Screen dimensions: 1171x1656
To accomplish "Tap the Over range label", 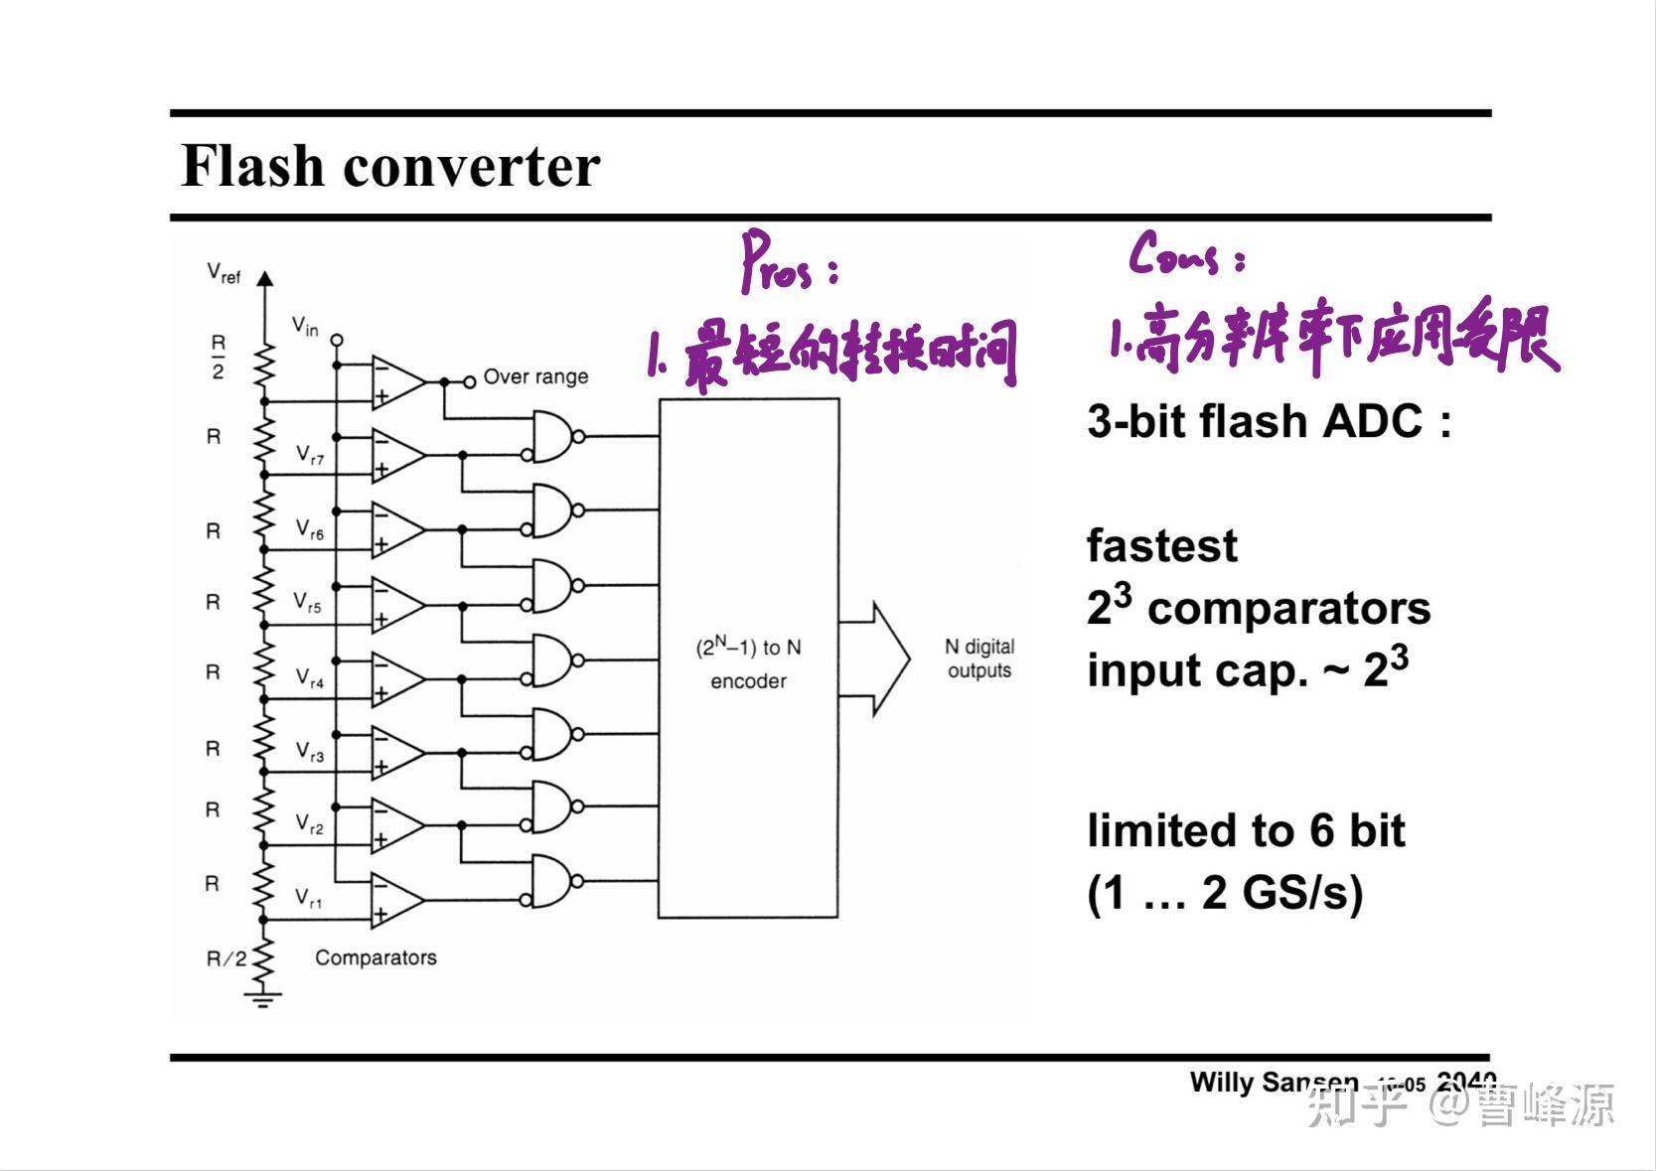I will (535, 377).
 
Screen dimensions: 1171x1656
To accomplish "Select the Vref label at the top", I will (224, 273).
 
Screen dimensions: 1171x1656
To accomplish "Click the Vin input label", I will (305, 326).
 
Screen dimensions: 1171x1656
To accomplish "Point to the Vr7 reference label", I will (310, 456).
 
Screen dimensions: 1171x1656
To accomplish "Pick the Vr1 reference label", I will (309, 899).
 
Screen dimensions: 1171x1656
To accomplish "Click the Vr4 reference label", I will (310, 678).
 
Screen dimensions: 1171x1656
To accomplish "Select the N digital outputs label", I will (979, 659).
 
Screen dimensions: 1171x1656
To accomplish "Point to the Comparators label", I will (376, 957).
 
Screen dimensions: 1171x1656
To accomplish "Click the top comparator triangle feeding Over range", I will (396, 381).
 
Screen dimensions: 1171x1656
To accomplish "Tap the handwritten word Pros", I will (780, 264).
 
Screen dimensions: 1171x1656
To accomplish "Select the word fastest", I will (1161, 546).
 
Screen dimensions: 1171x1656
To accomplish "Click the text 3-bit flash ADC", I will (1269, 422).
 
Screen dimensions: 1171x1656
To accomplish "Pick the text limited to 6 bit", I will (1246, 831).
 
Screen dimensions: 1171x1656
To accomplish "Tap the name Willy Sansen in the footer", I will (1274, 1082).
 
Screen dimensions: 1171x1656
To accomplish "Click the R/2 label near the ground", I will (226, 958).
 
